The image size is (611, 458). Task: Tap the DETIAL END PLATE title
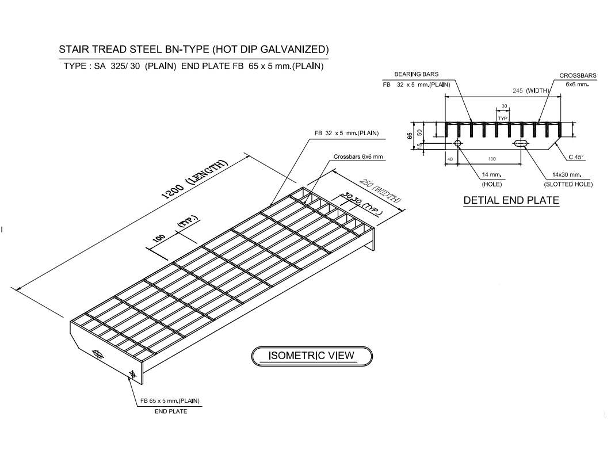point(511,201)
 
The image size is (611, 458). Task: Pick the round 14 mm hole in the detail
point(458,143)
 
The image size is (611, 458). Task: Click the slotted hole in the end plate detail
point(521,143)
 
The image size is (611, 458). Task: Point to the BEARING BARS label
point(416,74)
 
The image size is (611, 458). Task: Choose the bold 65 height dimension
point(410,136)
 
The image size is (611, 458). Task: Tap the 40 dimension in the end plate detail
point(450,158)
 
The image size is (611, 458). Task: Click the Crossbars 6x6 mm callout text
point(358,157)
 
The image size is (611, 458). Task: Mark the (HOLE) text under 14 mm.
point(491,184)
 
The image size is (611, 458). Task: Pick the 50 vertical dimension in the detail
point(420,132)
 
